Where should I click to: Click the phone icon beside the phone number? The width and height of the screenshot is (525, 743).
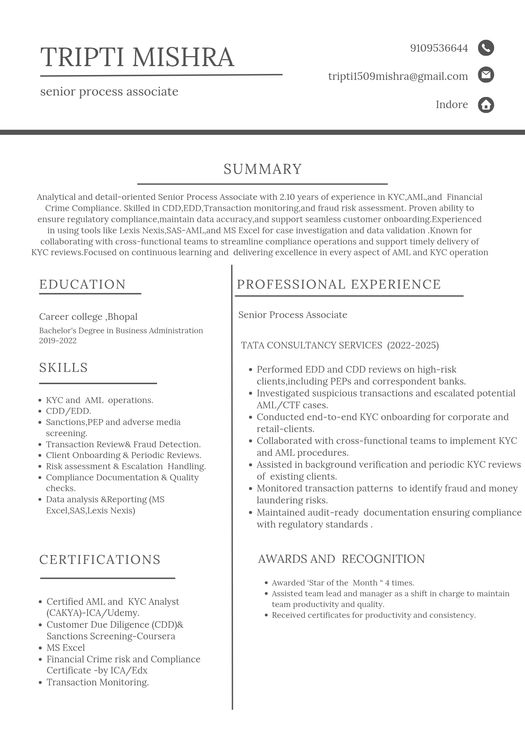486,48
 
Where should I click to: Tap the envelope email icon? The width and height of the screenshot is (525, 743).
486,75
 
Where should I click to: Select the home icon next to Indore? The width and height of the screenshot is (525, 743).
486,105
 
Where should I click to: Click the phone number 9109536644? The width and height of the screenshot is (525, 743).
439,48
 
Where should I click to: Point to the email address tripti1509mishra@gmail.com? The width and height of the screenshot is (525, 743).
398,76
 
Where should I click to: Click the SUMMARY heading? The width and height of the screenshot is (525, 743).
262,169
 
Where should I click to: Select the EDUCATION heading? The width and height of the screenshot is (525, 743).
82,285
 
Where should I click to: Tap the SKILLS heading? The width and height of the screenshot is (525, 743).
63,368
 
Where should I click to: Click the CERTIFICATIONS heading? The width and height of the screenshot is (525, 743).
100,559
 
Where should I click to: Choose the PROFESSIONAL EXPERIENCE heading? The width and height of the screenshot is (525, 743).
339,285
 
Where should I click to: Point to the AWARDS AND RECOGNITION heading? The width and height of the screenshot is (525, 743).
341,559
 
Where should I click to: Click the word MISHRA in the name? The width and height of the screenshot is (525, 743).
183,58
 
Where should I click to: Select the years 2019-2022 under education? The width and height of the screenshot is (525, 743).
58,341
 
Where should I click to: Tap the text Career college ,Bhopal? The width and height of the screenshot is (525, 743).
88,317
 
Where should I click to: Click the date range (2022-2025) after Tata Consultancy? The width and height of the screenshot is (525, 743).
413,345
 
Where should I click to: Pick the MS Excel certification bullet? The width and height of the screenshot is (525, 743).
66,648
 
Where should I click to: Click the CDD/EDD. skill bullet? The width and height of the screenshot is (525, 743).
68,411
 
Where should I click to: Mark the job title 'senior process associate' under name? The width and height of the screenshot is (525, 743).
109,92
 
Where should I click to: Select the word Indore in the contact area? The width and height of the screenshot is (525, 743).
451,105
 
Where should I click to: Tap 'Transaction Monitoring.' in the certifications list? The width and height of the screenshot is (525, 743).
98,682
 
